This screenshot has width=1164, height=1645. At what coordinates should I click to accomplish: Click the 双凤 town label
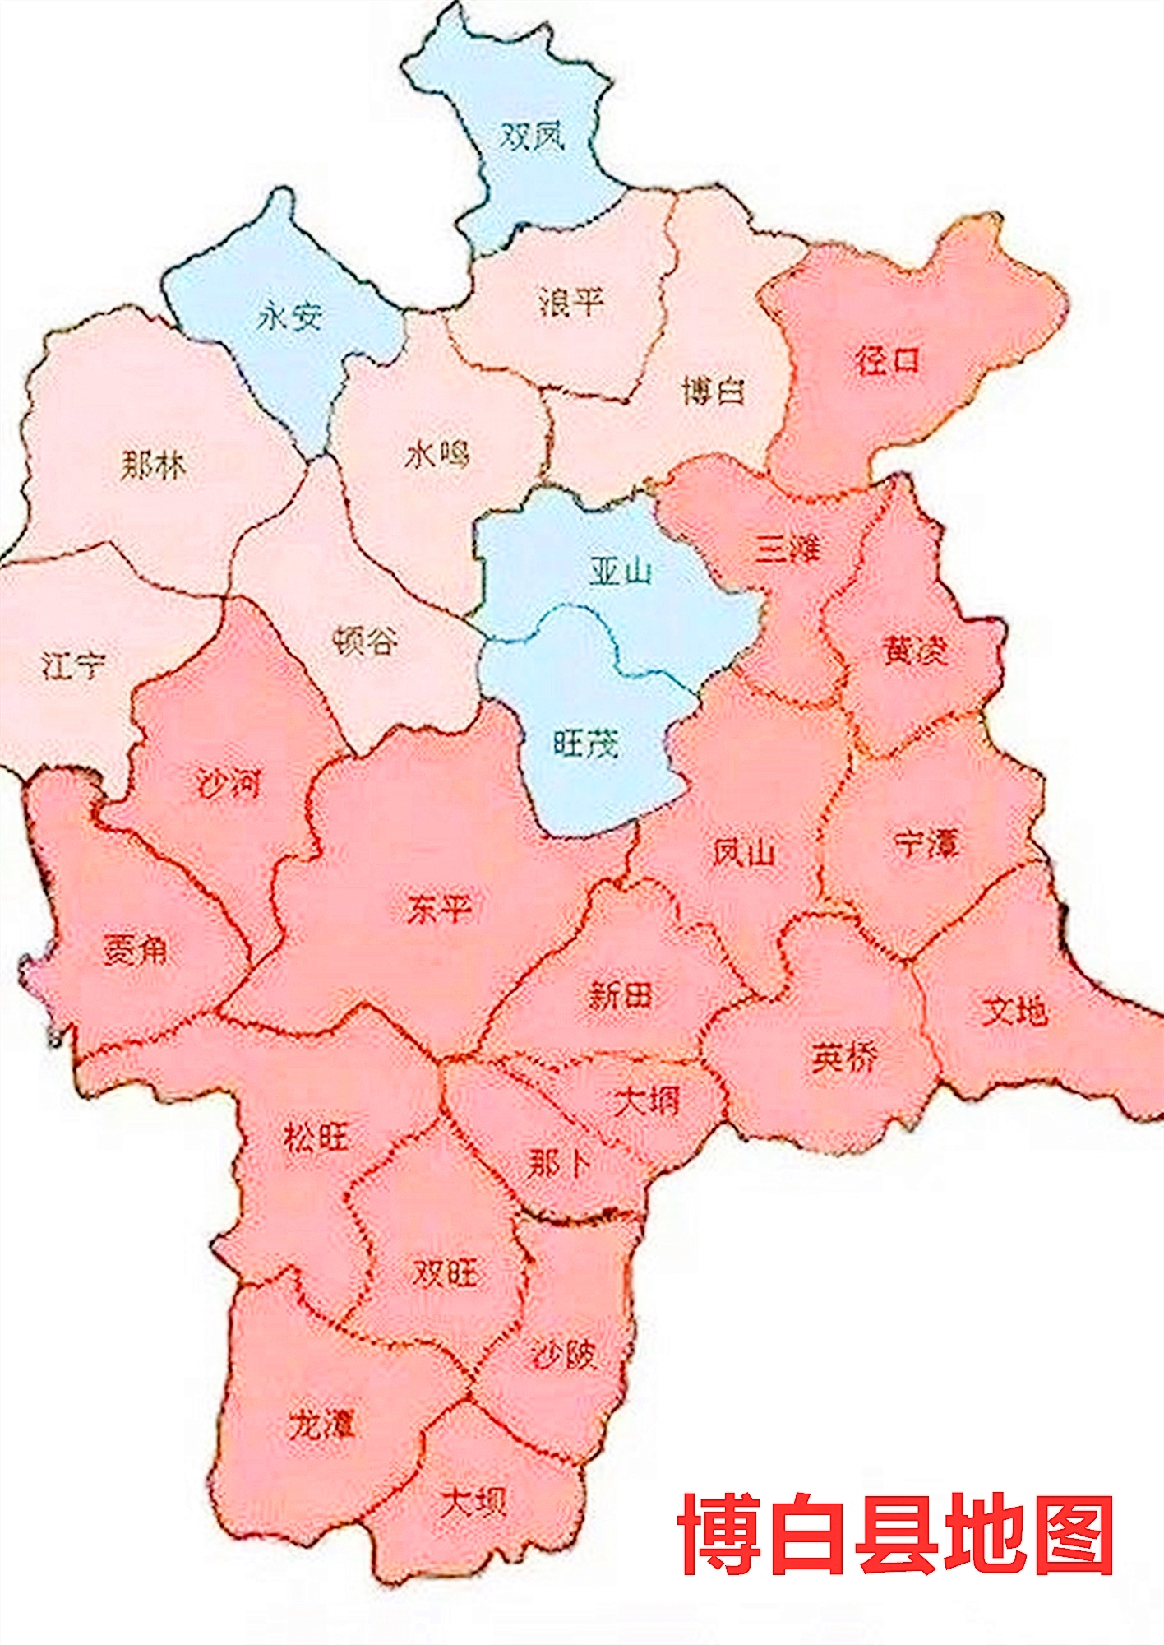[533, 136]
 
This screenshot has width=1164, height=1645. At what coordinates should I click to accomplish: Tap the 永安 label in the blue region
[289, 315]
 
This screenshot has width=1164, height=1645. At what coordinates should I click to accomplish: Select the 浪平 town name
[571, 302]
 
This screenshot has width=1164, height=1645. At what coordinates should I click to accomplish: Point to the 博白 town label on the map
[714, 390]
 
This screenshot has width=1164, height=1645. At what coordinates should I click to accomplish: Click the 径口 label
[888, 360]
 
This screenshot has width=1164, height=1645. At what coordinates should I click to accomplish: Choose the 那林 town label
[154, 466]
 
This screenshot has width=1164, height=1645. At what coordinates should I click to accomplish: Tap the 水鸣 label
[436, 453]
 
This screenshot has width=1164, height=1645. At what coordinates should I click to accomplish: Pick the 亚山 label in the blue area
[621, 570]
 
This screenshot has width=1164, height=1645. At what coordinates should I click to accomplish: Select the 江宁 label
[74, 665]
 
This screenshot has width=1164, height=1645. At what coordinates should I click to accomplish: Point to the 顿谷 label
[366, 641]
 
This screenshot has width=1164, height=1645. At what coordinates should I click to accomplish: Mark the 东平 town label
[439, 910]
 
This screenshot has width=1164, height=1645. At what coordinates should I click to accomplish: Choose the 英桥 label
[843, 1058]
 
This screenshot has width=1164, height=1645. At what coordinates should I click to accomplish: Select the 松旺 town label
[316, 1138]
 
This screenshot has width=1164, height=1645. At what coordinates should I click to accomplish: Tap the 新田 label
[621, 996]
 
